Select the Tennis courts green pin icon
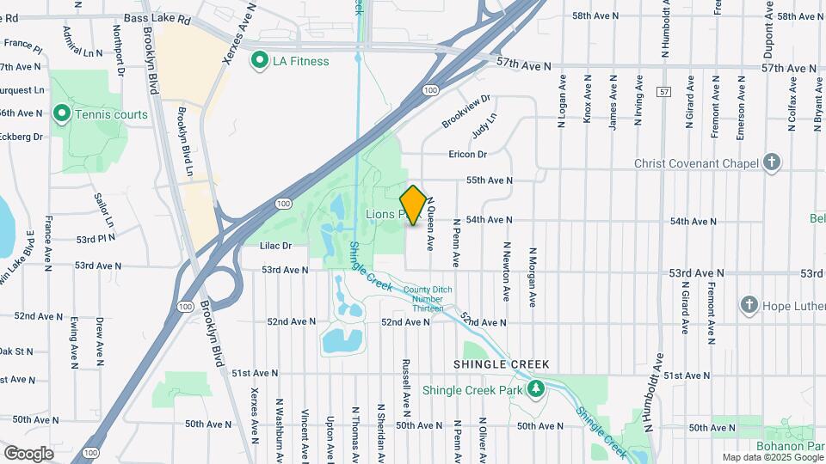pyautogui.click(x=61, y=113)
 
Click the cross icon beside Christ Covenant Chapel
pyautogui.click(x=773, y=162)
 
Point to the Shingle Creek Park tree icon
pyautogui.click(x=537, y=389)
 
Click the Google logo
pyautogui.click(x=28, y=453)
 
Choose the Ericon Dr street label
pyautogui.click(x=468, y=155)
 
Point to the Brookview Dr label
pyautogui.click(x=465, y=112)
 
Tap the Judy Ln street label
pyautogui.click(x=484, y=127)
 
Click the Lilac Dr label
pyautogui.click(x=276, y=246)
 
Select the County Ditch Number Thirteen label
pyautogui.click(x=423, y=298)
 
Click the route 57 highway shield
pyautogui.click(x=662, y=90)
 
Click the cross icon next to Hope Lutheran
pyautogui.click(x=749, y=304)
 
